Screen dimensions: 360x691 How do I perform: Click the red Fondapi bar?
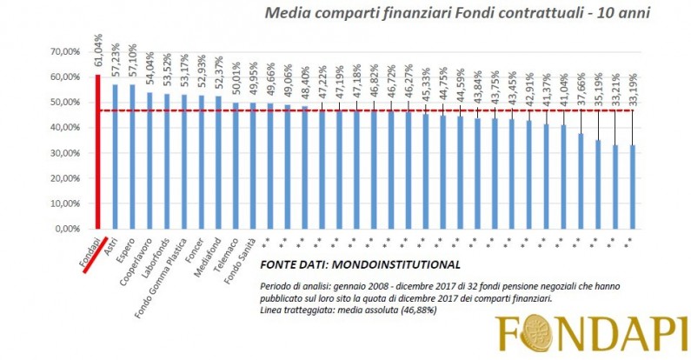pos(97,152)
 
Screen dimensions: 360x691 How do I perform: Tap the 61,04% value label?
pos(97,58)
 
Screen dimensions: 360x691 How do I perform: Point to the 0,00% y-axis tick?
pos(66,230)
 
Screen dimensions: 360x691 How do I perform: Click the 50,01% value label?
pos(236,87)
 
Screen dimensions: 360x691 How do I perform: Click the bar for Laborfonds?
pos(166,161)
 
